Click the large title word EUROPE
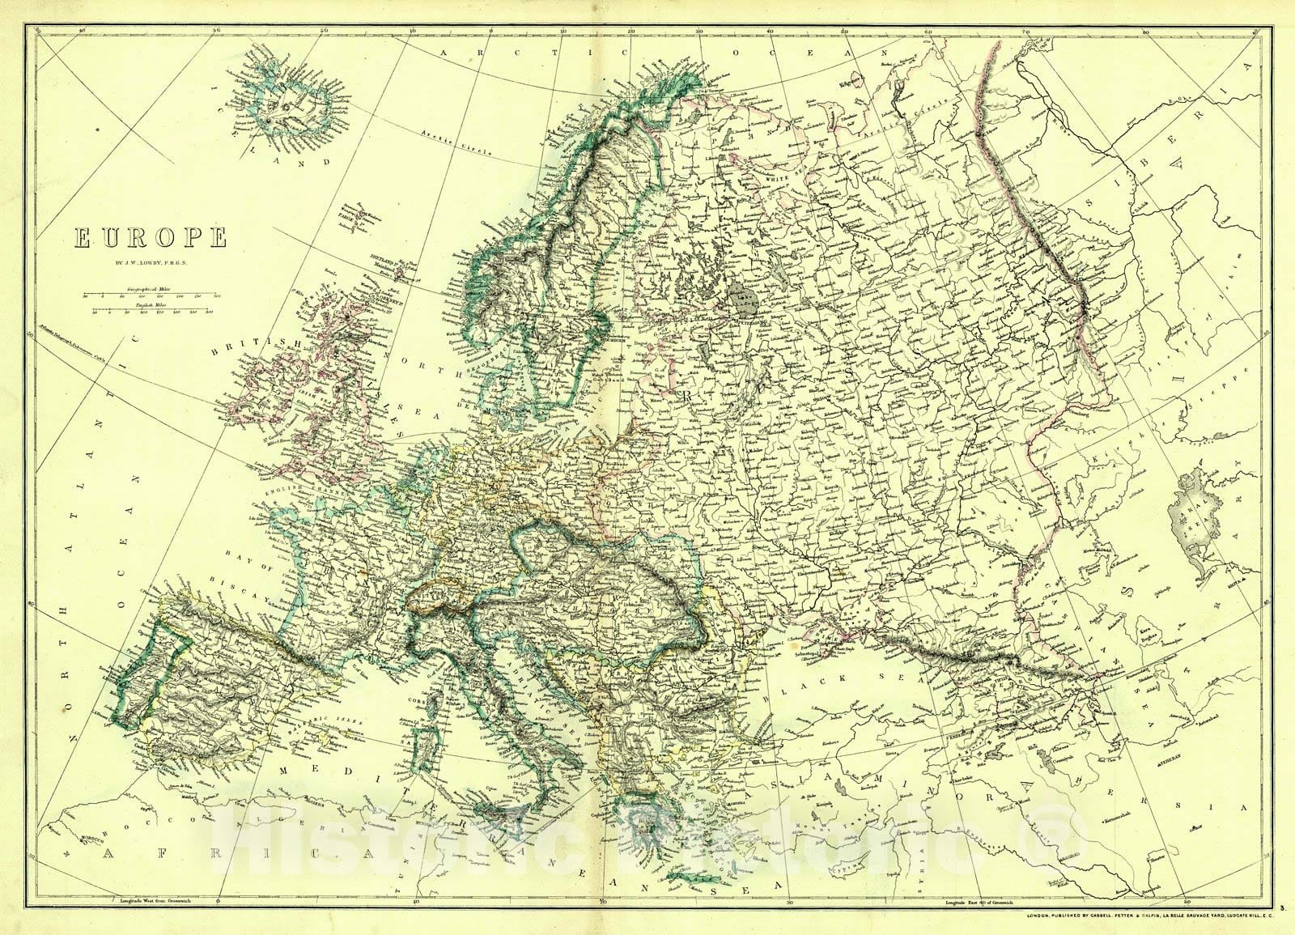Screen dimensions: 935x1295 pos(151,238)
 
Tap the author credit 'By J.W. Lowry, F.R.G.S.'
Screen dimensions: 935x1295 pos(150,261)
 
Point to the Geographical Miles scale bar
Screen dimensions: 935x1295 pos(151,297)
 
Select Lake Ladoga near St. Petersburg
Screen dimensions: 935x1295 pos(739,300)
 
